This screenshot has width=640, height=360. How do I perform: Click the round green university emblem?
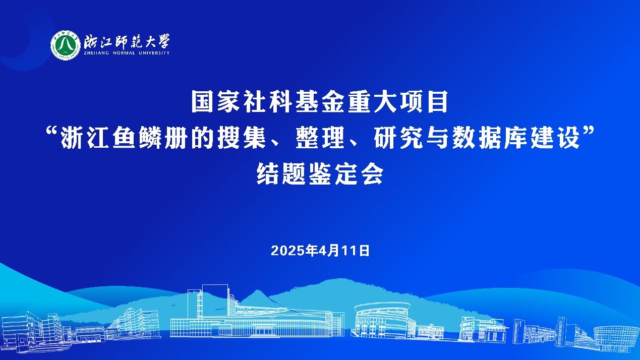(x=66, y=45)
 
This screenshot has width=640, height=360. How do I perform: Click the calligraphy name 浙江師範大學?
(x=127, y=42)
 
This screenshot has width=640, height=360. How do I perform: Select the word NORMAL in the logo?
(x=124, y=53)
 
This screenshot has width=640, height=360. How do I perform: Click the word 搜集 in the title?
(x=242, y=138)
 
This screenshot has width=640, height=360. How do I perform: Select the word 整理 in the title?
(x=320, y=138)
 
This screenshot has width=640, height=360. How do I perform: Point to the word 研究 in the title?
(x=398, y=138)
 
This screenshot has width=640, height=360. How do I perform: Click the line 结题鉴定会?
(x=320, y=174)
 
